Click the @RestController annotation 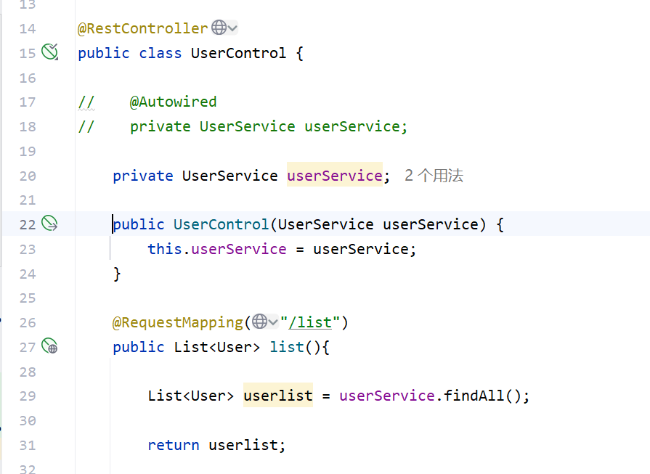coord(142,28)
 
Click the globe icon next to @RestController coord(219,28)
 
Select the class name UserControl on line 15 coord(238,53)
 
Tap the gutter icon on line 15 coord(49,52)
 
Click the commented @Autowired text coord(173,102)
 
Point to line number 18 coord(28,126)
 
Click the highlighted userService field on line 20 coord(334,176)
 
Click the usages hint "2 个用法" coord(434,176)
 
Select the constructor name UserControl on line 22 coord(221,224)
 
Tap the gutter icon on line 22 coord(49,224)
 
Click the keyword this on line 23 coord(164,249)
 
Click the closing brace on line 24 coord(117,274)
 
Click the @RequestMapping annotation coord(178,322)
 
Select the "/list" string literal coord(314,322)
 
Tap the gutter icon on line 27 coord(49,346)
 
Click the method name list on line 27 coord(287,347)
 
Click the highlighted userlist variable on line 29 coord(277,396)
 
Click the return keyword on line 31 coord(173,445)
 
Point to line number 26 coord(28,322)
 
